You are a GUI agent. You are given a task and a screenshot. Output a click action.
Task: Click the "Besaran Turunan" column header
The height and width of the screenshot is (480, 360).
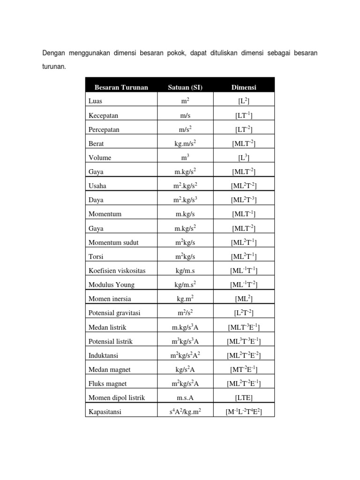click(x=121, y=87)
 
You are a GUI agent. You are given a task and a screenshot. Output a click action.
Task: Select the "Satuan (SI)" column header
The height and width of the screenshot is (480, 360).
click(x=185, y=87)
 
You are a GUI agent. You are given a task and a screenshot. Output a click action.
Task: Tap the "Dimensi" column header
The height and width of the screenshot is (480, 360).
click(x=244, y=87)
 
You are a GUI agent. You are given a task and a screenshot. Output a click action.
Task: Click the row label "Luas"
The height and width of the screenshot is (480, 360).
click(x=95, y=101)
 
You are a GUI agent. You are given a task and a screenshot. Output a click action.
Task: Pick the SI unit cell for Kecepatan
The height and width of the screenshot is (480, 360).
click(x=185, y=115)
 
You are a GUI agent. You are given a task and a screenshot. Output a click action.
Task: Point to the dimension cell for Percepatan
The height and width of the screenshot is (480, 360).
click(x=244, y=129)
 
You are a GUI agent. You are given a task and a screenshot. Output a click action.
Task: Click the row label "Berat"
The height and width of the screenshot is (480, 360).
click(x=96, y=143)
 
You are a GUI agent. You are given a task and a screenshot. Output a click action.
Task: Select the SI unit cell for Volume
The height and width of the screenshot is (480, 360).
click(x=185, y=157)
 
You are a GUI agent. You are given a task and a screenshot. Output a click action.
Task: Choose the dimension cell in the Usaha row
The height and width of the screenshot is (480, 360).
click(x=244, y=186)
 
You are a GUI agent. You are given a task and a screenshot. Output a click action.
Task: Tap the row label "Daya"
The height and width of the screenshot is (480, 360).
click(x=96, y=200)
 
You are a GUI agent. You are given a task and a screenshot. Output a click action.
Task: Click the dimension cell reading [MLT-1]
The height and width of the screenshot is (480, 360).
click(x=244, y=214)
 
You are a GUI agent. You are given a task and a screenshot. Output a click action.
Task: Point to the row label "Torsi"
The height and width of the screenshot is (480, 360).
click(x=96, y=257)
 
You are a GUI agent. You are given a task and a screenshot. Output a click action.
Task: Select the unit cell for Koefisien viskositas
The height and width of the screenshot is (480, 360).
click(x=185, y=271)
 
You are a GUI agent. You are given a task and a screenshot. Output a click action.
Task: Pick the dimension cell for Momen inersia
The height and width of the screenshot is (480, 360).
click(x=244, y=299)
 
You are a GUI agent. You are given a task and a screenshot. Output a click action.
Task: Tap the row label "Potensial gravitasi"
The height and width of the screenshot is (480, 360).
click(x=114, y=313)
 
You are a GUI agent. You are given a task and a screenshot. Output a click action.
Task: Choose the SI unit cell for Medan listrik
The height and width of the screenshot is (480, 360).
click(x=185, y=327)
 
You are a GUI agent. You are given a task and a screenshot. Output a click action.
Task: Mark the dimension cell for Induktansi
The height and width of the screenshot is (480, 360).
click(x=244, y=356)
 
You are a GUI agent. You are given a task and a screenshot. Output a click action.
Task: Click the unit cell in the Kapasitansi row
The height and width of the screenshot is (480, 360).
click(x=185, y=412)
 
